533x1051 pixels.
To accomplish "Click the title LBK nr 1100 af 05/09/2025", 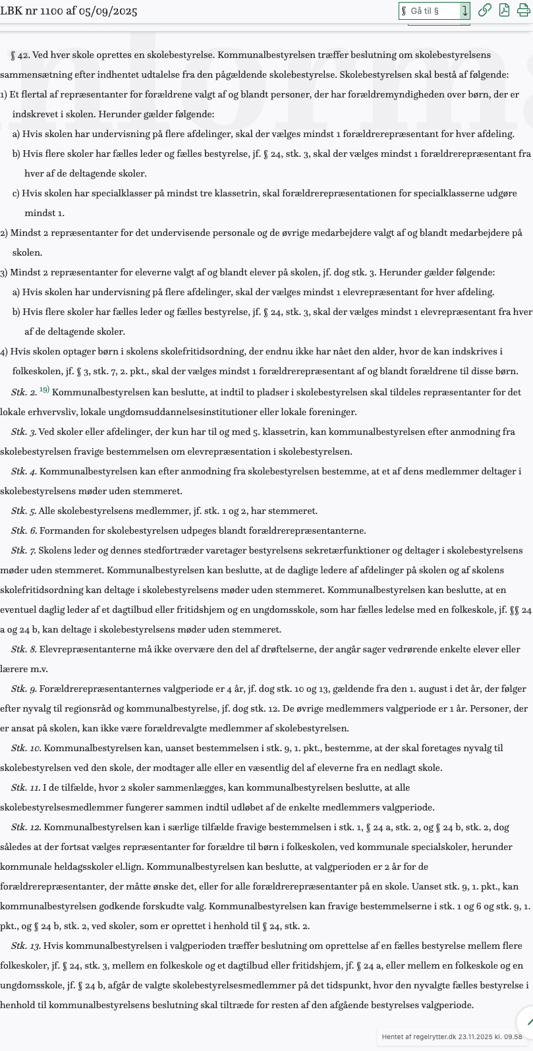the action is [69, 11].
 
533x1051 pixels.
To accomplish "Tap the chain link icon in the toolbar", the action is [484, 10].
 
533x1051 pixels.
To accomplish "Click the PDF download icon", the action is [504, 10].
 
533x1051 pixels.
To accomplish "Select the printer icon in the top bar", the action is [523, 10].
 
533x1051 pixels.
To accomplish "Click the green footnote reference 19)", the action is [44, 390].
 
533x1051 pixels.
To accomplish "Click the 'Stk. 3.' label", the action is [24, 432].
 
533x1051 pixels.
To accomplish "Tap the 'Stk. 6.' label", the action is [24, 531].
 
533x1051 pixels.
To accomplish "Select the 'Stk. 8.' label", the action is [24, 650].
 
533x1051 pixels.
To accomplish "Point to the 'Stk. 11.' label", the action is [26, 788].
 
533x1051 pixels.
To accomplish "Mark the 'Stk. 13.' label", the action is [26, 946].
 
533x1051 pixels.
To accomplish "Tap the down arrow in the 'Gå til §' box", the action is [464, 11].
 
